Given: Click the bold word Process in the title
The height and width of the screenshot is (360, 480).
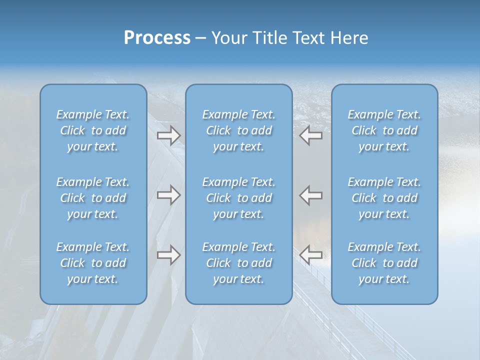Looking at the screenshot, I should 157,38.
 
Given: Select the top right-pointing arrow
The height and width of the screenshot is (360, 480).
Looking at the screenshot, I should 168,135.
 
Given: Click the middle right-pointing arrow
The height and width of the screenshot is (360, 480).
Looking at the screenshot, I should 168,195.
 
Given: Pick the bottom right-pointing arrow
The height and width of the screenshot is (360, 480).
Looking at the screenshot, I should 168,255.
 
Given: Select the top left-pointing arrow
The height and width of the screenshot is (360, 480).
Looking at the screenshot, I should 310,135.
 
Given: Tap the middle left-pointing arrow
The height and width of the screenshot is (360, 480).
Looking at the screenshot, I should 310,195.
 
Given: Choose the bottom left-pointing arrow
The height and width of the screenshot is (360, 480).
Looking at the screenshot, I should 310,255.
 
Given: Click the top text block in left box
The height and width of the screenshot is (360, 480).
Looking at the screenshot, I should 93,130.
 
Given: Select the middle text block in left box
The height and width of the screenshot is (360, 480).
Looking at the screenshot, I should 93,198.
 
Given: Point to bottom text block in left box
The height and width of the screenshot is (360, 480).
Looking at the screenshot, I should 93,263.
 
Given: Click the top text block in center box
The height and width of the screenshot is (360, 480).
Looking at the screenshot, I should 238,130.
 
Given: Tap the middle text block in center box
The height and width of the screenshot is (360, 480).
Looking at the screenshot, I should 238,198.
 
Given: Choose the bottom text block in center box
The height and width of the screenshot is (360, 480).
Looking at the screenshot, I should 238,263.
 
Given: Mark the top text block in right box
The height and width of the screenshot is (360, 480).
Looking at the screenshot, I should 384,130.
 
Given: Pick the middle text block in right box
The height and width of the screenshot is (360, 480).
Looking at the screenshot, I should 384,198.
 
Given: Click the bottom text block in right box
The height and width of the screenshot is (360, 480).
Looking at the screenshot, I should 384,263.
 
